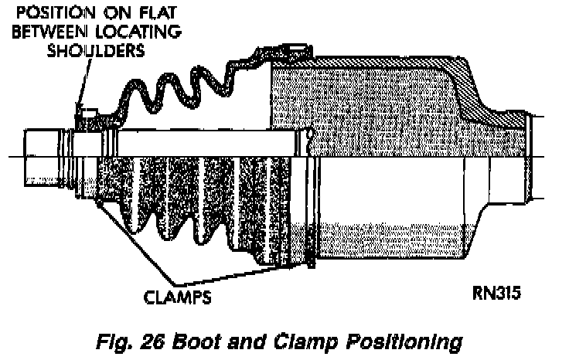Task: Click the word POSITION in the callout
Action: point(41,13)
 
